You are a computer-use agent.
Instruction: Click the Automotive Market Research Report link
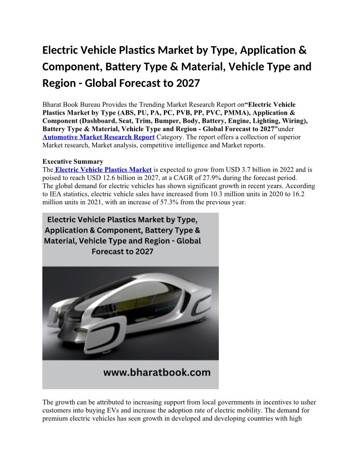coord(98,137)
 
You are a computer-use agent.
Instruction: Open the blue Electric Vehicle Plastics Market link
coord(103,169)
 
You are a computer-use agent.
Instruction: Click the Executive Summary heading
coord(73,162)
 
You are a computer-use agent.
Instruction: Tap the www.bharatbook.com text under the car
coord(157,372)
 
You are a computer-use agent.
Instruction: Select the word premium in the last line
coord(55,419)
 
